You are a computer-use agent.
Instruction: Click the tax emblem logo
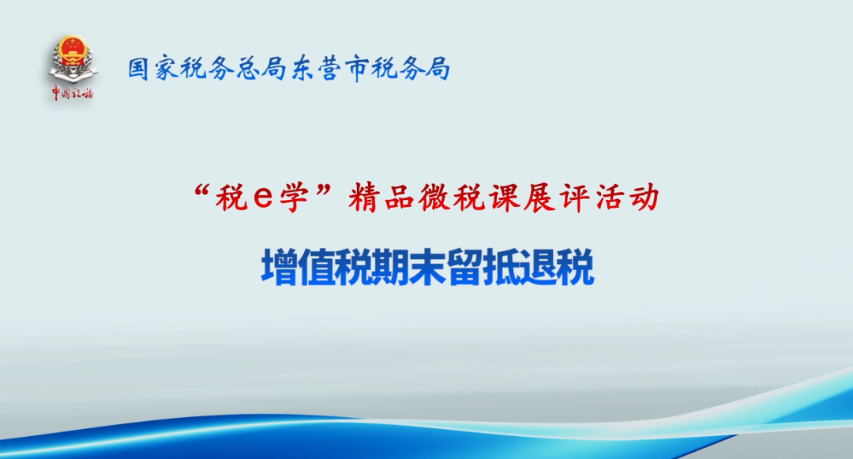(x=73, y=58)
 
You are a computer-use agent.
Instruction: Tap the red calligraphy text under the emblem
(x=73, y=93)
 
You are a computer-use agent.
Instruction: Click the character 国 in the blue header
(x=139, y=69)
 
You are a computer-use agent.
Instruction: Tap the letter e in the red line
(x=263, y=198)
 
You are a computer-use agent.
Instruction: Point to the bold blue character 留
(x=464, y=267)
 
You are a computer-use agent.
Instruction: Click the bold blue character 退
(x=539, y=267)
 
